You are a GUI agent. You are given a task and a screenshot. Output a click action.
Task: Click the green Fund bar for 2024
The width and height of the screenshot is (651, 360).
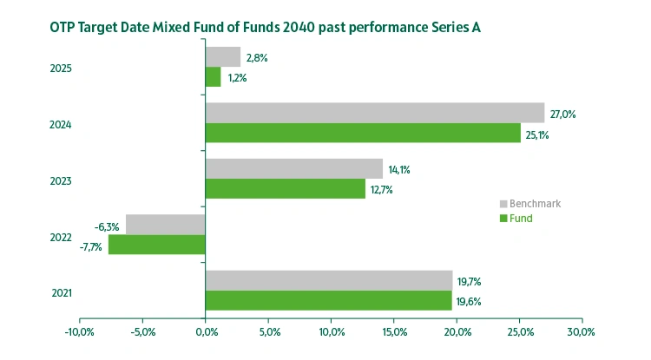point(363,134)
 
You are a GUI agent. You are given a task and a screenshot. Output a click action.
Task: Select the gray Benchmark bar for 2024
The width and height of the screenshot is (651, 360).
point(375,113)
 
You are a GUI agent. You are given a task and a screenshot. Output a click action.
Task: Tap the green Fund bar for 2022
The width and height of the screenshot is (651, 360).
point(157,245)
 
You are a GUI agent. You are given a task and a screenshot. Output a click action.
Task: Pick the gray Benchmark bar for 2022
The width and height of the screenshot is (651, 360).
point(166,224)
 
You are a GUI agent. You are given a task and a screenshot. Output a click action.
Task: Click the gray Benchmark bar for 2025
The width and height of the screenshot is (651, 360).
point(223,57)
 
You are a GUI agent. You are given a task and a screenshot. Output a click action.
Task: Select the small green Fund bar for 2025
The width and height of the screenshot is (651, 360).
point(213,77)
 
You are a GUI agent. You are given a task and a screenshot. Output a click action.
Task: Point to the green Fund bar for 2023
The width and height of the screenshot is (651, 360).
point(286,189)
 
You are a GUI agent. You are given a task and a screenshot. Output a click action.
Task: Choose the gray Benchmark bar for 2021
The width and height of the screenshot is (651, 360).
point(329,280)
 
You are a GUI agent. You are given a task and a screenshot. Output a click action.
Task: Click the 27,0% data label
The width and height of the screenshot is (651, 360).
point(563,114)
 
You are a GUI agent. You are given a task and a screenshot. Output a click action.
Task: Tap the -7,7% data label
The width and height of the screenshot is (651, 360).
point(90,246)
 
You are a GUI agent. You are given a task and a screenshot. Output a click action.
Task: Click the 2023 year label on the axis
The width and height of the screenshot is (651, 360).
point(61,180)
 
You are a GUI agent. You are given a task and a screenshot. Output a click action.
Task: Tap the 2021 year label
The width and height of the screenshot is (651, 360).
point(61,292)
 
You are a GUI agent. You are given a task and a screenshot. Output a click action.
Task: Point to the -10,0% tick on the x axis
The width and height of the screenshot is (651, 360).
point(80,332)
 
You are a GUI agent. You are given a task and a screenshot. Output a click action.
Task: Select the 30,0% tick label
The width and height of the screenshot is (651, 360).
point(581,332)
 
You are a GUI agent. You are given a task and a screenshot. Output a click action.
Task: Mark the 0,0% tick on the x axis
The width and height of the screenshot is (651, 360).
point(206,332)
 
